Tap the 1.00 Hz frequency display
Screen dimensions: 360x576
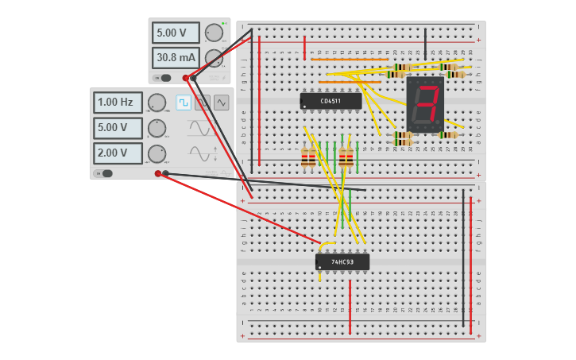118,103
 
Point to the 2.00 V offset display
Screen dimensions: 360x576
118,153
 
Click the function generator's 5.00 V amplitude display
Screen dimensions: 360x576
118,127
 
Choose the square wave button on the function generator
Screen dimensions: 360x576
184,103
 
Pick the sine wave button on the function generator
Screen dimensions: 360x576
221,103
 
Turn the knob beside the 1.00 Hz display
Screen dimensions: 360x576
157,103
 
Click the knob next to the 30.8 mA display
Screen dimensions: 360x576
214,58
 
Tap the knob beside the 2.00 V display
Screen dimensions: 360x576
157,153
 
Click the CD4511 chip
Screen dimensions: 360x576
331,101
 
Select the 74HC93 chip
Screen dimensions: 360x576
342,261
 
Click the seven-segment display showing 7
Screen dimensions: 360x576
425,104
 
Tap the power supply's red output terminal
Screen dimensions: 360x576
186,78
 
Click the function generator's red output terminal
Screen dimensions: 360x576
158,173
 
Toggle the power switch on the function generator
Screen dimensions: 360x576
105,173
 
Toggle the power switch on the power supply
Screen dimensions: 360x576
164,78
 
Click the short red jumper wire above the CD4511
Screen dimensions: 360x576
304,47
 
